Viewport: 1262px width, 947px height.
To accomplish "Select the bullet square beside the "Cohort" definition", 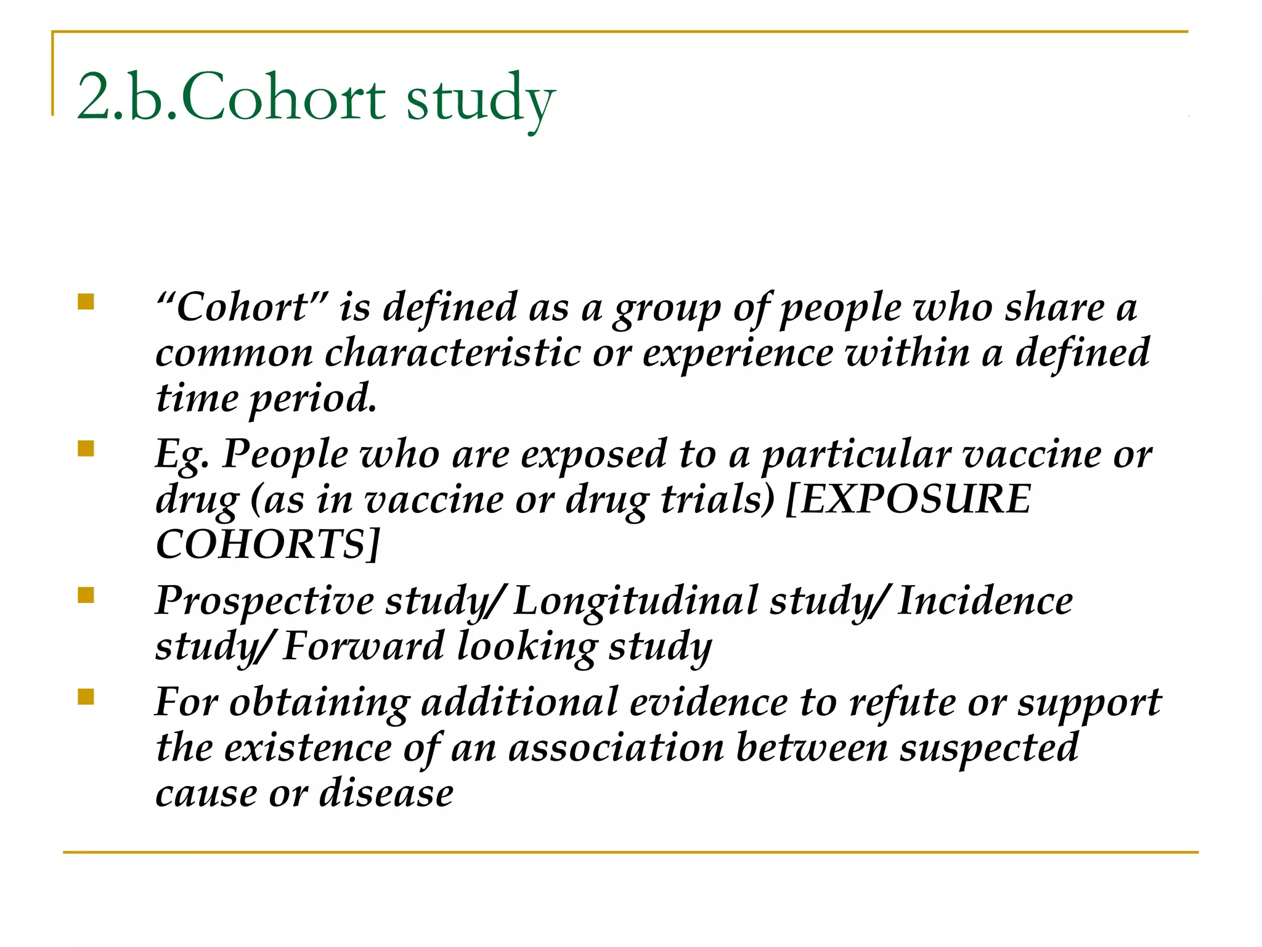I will point(86,301).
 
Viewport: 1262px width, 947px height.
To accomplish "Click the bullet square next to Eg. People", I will point(86,448).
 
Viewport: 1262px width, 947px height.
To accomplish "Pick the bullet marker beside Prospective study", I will point(86,595).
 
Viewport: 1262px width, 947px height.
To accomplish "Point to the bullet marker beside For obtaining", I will point(86,697).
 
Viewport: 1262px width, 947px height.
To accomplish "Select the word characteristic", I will point(453,353).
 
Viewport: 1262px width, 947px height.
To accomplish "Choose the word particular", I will point(857,455).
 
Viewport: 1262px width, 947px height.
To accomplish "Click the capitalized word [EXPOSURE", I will point(909,499).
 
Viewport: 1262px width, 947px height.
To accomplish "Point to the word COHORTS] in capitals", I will point(268,544).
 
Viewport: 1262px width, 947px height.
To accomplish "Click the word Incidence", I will point(985,601).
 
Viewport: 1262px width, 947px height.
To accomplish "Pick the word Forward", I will point(364,646).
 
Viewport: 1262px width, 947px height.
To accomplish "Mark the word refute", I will point(902,702).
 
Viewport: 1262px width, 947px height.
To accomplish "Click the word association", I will point(616,748).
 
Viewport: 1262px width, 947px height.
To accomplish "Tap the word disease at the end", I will point(386,793).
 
